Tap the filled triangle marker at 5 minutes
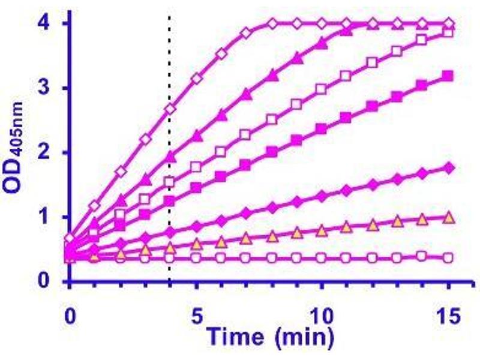pyautogui.click(x=196, y=136)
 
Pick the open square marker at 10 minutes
pyautogui.click(x=321, y=89)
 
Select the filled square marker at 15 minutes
pyautogui.click(x=447, y=76)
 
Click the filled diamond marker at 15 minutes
pyautogui.click(x=447, y=167)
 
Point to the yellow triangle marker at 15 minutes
pyautogui.click(x=447, y=217)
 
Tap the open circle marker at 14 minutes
pyautogui.click(x=422, y=256)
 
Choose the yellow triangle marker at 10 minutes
pyautogui.click(x=321, y=230)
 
